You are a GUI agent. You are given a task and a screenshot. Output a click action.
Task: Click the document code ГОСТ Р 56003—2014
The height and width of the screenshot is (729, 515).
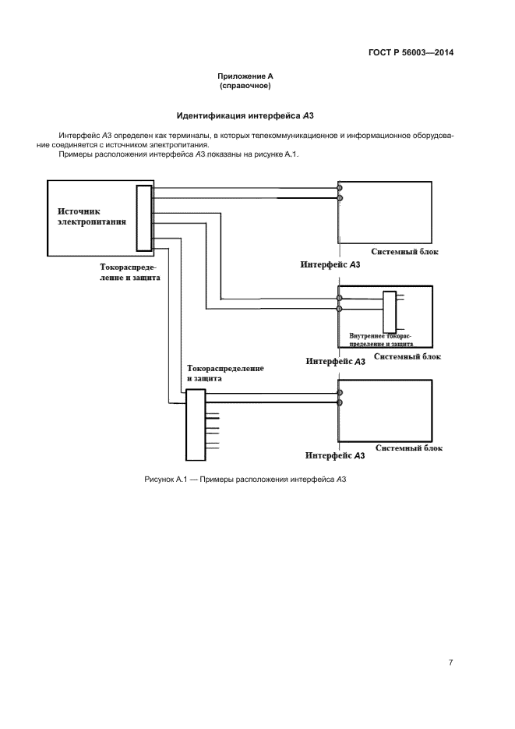pos(410,53)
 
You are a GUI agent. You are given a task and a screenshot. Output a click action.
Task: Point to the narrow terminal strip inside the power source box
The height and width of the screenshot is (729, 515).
pos(143,218)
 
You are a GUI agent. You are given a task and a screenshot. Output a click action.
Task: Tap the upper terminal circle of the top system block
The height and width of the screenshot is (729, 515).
pos(340,188)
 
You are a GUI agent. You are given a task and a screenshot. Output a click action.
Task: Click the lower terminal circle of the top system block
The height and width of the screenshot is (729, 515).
pos(340,198)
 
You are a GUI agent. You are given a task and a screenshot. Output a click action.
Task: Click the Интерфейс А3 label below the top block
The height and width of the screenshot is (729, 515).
pos(330,265)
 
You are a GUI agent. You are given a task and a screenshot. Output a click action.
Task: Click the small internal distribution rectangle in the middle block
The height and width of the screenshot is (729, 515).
pos(389,312)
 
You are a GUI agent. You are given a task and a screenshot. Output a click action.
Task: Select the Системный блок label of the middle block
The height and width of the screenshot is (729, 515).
pos(407,356)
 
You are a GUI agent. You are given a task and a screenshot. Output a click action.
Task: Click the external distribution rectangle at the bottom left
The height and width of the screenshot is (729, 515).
pos(194,425)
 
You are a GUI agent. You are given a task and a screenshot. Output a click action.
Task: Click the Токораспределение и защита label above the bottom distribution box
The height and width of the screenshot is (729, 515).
pos(225,372)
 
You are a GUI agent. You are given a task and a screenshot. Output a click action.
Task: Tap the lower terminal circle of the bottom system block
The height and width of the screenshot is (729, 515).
pos(340,403)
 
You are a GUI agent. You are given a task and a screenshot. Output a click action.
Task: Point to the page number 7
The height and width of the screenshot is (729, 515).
pos(451,663)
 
